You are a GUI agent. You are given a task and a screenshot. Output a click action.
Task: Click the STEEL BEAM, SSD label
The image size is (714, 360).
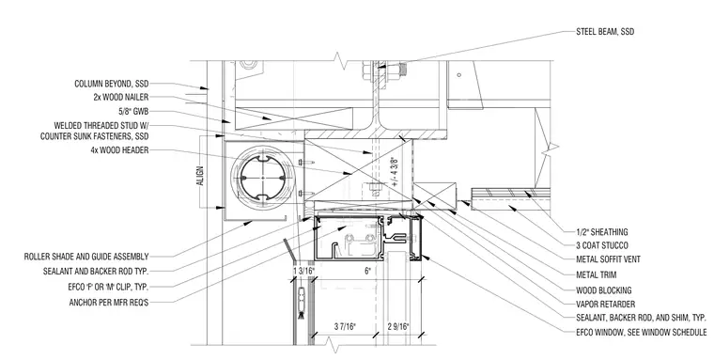[605, 32]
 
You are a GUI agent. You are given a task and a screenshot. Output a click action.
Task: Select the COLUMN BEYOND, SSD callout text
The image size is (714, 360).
[112, 84]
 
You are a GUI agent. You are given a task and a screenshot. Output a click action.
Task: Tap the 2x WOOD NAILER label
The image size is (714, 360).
[120, 97]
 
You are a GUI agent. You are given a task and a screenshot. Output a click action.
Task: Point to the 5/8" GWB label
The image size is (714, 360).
[133, 112]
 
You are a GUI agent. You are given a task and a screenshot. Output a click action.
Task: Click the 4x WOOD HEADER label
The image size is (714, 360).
[119, 150]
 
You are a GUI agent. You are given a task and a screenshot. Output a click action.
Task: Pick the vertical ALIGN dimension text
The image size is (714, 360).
[201, 176]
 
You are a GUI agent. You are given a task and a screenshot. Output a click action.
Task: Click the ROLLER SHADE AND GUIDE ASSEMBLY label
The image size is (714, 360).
[86, 257]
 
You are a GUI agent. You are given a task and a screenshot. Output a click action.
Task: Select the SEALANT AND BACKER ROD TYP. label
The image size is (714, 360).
[96, 272]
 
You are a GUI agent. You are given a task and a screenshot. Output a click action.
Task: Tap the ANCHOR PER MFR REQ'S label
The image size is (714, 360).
[109, 302]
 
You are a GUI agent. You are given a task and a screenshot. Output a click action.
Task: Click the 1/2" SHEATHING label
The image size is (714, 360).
[602, 232]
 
